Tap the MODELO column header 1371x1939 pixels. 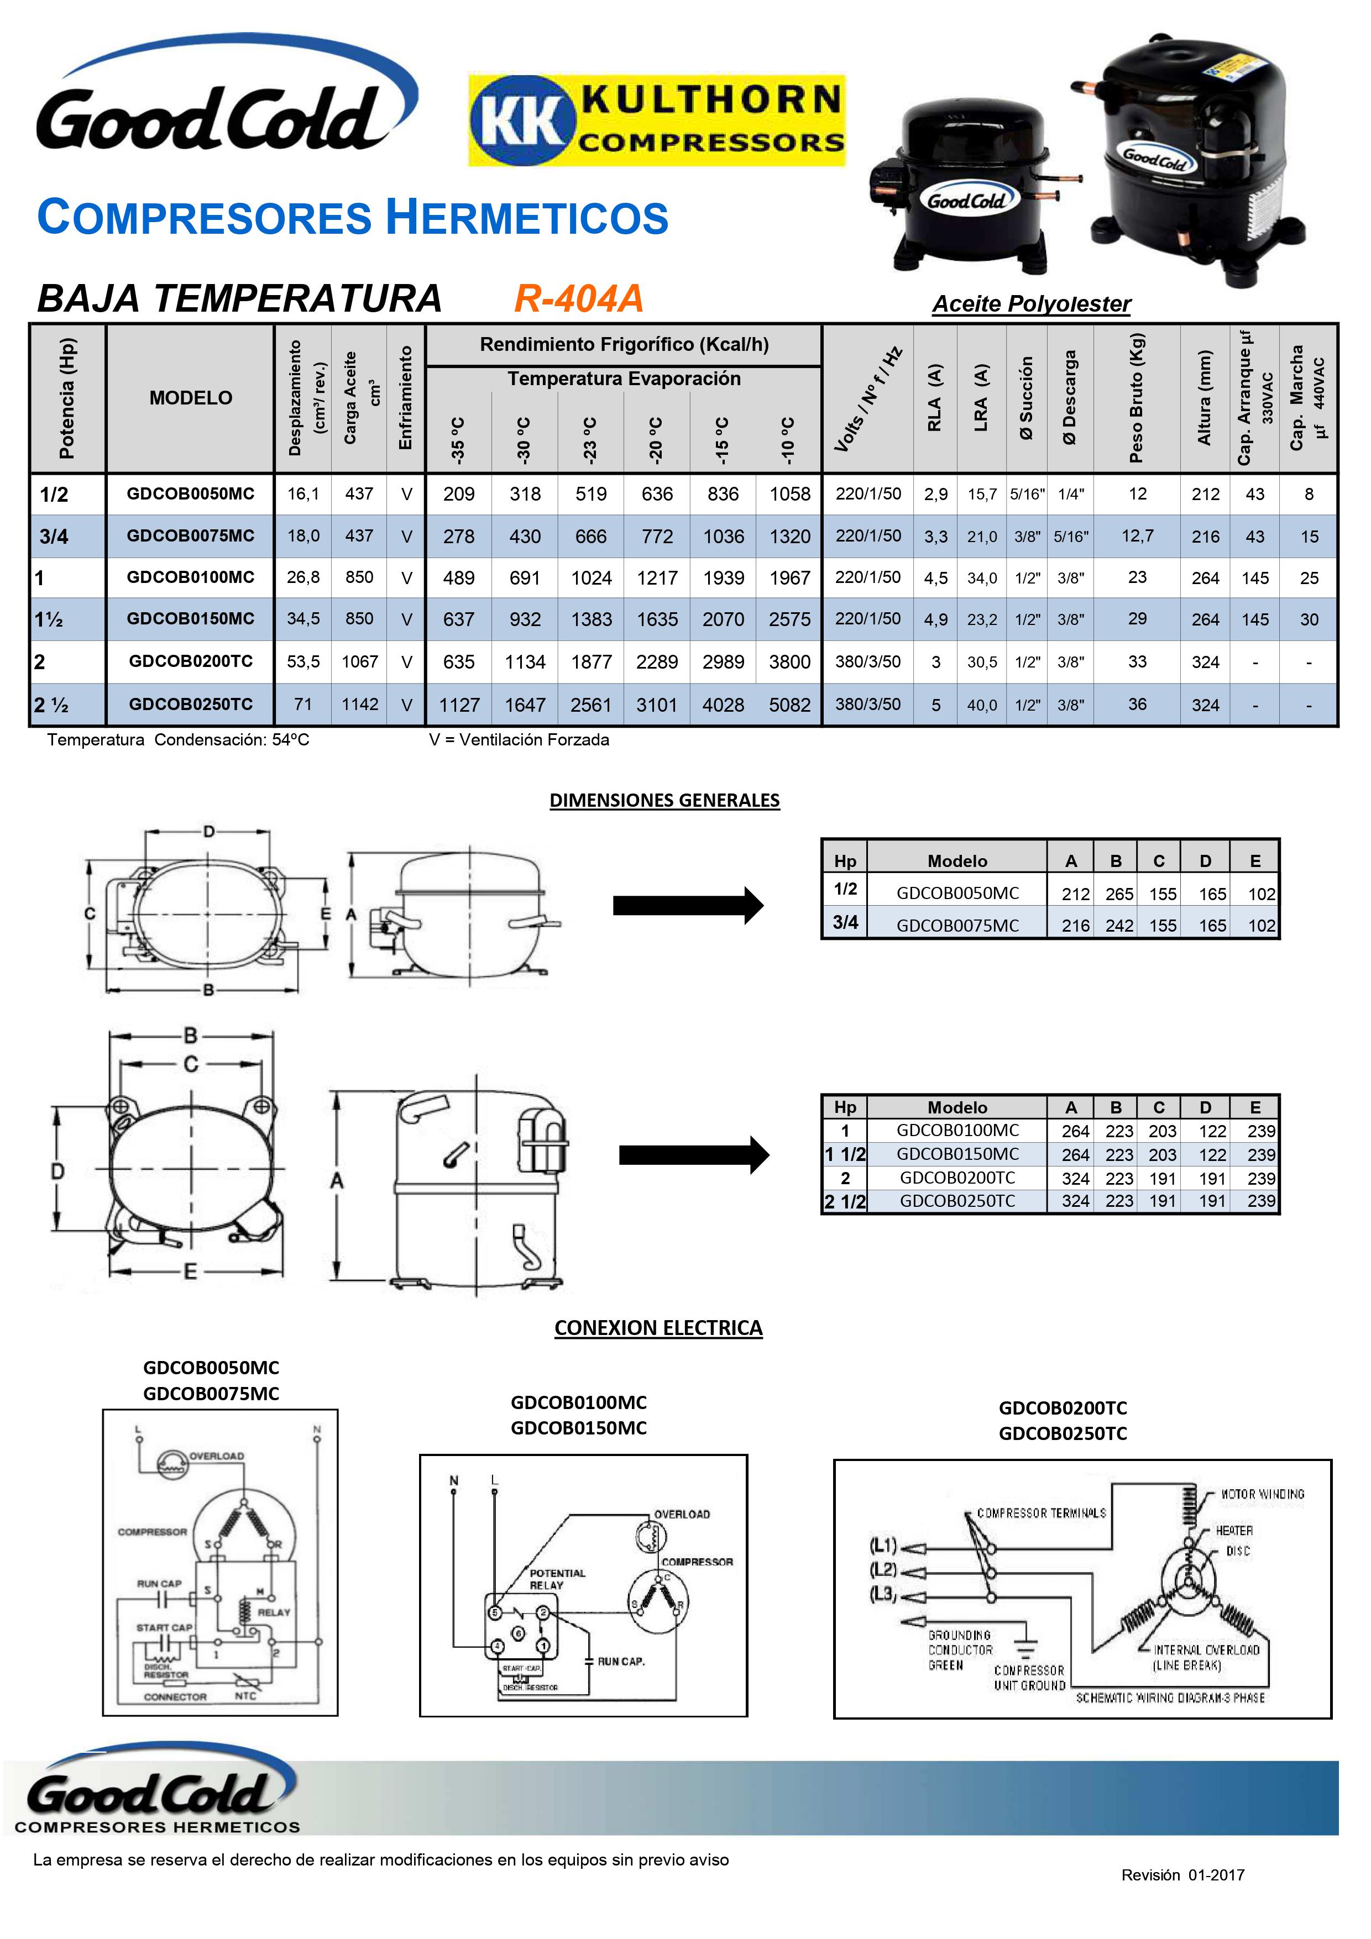pyautogui.click(x=191, y=398)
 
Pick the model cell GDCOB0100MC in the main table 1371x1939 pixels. pyautogui.click(x=191, y=577)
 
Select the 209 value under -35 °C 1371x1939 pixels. pyautogui.click(x=459, y=494)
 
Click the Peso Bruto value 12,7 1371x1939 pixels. pyautogui.click(x=1137, y=535)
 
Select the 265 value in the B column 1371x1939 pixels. pyautogui.click(x=1119, y=894)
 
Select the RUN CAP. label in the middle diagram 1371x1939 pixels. pyautogui.click(x=621, y=1661)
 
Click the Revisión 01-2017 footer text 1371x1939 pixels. pyautogui.click(x=1182, y=1875)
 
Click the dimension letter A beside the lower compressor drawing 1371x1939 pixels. pyautogui.click(x=336, y=1181)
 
